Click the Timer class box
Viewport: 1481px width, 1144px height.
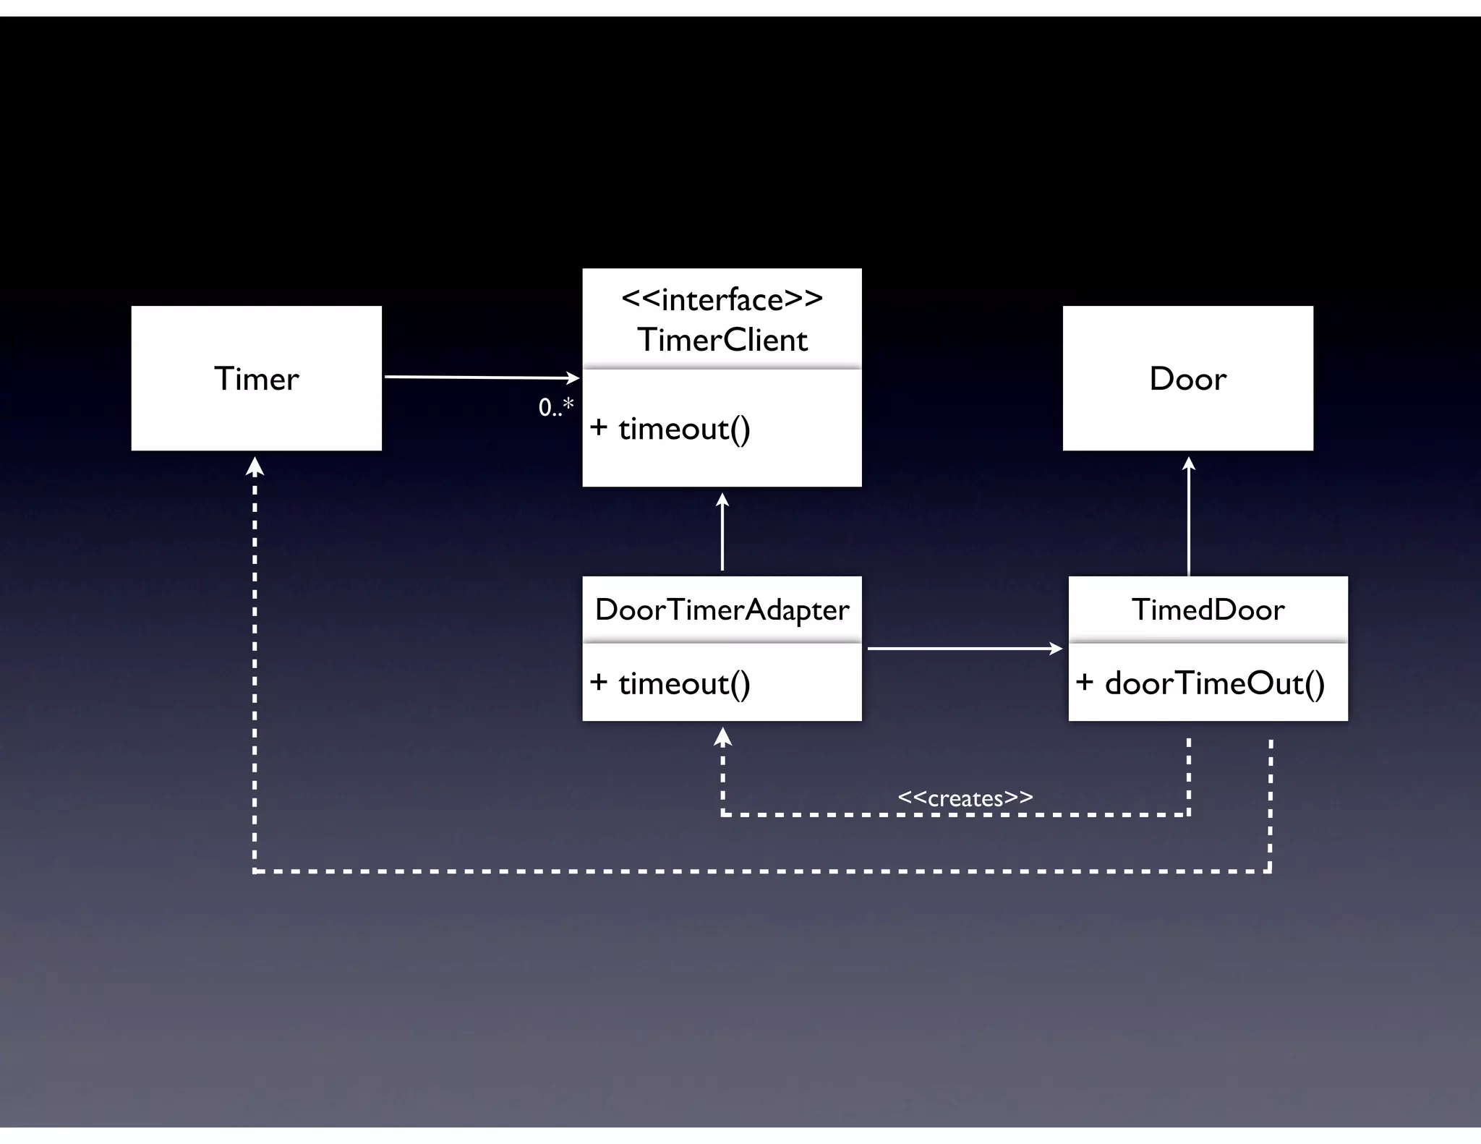pyautogui.click(x=256, y=378)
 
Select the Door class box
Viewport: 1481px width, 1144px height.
pyautogui.click(x=1187, y=378)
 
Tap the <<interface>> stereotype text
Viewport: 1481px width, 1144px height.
pyautogui.click(x=722, y=299)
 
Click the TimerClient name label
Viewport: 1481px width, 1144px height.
pyautogui.click(x=722, y=340)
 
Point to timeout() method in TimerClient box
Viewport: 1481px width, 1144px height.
pyautogui.click(x=683, y=429)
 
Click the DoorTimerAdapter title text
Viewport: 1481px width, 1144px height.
pyautogui.click(x=722, y=610)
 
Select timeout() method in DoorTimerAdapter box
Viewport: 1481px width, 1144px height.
pyautogui.click(x=683, y=683)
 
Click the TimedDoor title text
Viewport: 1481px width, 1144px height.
pyautogui.click(x=1208, y=610)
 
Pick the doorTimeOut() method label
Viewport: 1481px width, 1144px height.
pyautogui.click(x=1214, y=683)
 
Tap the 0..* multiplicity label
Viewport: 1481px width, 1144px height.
pyautogui.click(x=555, y=407)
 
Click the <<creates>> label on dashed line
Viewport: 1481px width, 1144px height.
pyautogui.click(x=965, y=798)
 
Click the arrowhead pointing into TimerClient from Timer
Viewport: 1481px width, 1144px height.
pyautogui.click(x=573, y=377)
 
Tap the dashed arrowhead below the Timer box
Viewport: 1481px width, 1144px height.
pyautogui.click(x=255, y=467)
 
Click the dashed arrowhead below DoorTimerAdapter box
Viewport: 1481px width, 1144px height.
pyautogui.click(x=722, y=737)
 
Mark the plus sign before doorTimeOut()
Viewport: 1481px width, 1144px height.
pyautogui.click(x=1084, y=682)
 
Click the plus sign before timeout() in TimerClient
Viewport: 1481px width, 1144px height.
pyautogui.click(x=598, y=427)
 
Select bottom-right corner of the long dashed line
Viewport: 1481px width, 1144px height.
pyautogui.click(x=1270, y=871)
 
